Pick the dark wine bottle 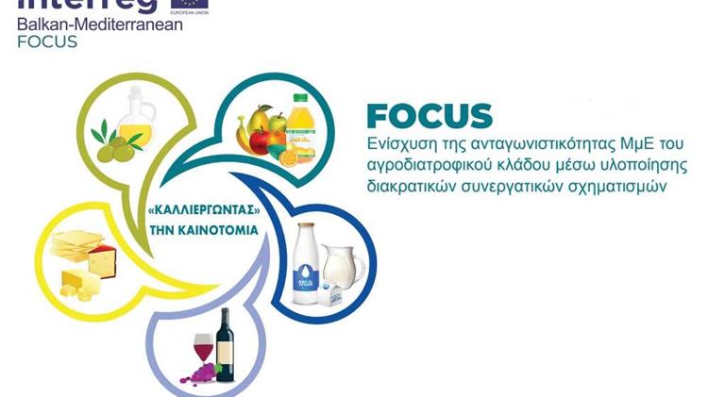pyautogui.click(x=225, y=344)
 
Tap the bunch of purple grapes pyautogui.click(x=200, y=372)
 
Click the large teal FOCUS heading pyautogui.click(x=430, y=116)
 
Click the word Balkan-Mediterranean pyautogui.click(x=100, y=25)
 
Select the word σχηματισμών pyautogui.click(x=623, y=186)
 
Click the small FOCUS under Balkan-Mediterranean pyautogui.click(x=47, y=41)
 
